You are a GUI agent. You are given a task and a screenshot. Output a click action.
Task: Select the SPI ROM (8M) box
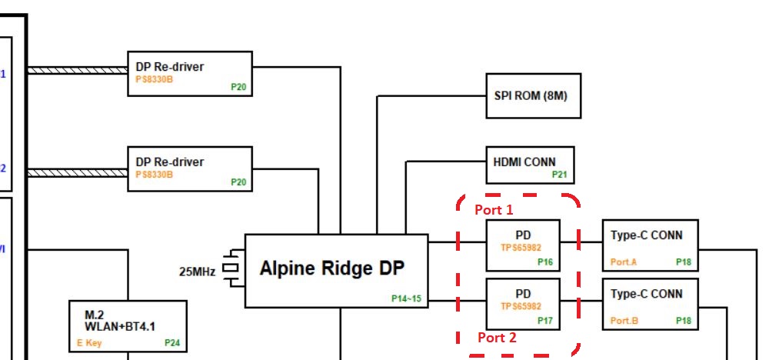tap(533, 96)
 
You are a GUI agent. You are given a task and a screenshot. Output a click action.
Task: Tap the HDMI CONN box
tap(530, 165)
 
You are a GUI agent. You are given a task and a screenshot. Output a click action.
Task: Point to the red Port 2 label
tap(497, 337)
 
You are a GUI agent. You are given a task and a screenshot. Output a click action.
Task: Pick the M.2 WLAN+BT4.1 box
tap(128, 325)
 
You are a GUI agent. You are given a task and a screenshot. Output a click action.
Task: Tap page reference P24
tap(171, 343)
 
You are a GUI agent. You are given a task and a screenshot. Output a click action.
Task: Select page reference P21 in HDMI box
tap(559, 175)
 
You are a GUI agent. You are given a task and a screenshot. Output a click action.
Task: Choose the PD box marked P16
tap(524, 245)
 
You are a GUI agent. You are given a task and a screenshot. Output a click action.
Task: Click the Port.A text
tap(624, 262)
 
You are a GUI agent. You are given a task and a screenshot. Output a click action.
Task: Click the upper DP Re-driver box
tap(190, 74)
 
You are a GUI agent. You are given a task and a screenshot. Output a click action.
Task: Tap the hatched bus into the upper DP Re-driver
tap(77, 71)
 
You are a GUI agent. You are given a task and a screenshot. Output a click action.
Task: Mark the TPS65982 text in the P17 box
tap(522, 306)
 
